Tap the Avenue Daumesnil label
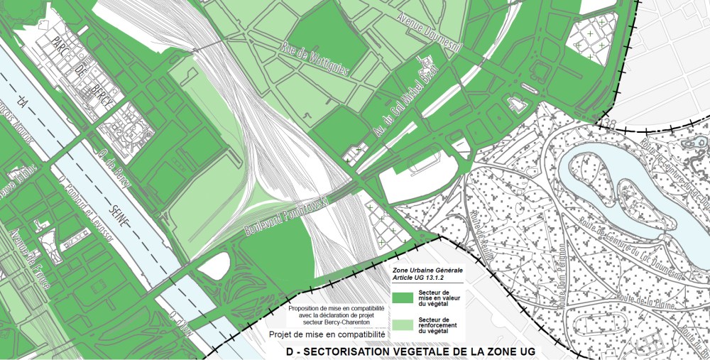pos(431,32)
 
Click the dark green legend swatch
pos(404,297)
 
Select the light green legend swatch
pos(404,324)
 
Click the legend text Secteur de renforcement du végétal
pos(441,325)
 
